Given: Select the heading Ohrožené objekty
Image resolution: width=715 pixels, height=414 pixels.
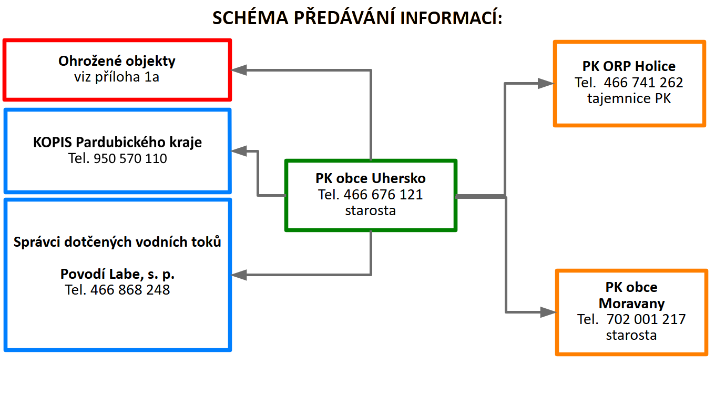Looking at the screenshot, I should coord(117,61).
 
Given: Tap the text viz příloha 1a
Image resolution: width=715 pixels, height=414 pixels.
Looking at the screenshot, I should coord(117,77).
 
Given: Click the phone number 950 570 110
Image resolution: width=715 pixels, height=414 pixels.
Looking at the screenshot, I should coord(130,158).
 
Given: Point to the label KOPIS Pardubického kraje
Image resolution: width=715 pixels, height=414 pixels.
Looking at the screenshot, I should coord(117,143).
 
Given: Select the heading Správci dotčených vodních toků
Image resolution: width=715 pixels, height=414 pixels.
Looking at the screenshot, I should coord(117,243).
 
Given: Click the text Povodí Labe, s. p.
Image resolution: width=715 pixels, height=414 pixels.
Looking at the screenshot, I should coord(117,274).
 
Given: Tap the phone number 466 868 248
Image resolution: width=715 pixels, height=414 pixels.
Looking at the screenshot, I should coord(130,290).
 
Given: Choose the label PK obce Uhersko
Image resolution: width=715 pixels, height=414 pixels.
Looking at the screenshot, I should coord(371,178).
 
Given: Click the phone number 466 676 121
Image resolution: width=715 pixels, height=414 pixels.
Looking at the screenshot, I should coord(383,195).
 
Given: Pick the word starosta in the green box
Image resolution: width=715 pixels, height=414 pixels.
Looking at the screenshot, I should coord(371,210).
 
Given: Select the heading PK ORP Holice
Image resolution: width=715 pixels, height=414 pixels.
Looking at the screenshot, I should coord(629,66).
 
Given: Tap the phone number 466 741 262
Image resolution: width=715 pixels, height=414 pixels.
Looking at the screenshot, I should coord(643,83).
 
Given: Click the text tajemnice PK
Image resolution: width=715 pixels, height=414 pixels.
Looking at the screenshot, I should coord(629,98).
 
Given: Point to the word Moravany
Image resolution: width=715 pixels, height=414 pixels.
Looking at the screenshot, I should coord(631,304).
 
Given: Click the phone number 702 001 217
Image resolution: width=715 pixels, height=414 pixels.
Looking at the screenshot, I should coord(646,319).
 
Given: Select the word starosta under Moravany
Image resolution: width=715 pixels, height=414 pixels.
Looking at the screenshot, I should coord(631,335).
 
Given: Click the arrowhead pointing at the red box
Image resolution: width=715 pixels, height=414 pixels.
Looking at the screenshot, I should coord(240,70).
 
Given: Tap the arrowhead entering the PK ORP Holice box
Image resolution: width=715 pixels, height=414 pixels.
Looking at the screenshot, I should coord(546,83).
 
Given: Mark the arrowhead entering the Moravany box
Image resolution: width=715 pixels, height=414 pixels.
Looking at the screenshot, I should coord(548,312).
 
